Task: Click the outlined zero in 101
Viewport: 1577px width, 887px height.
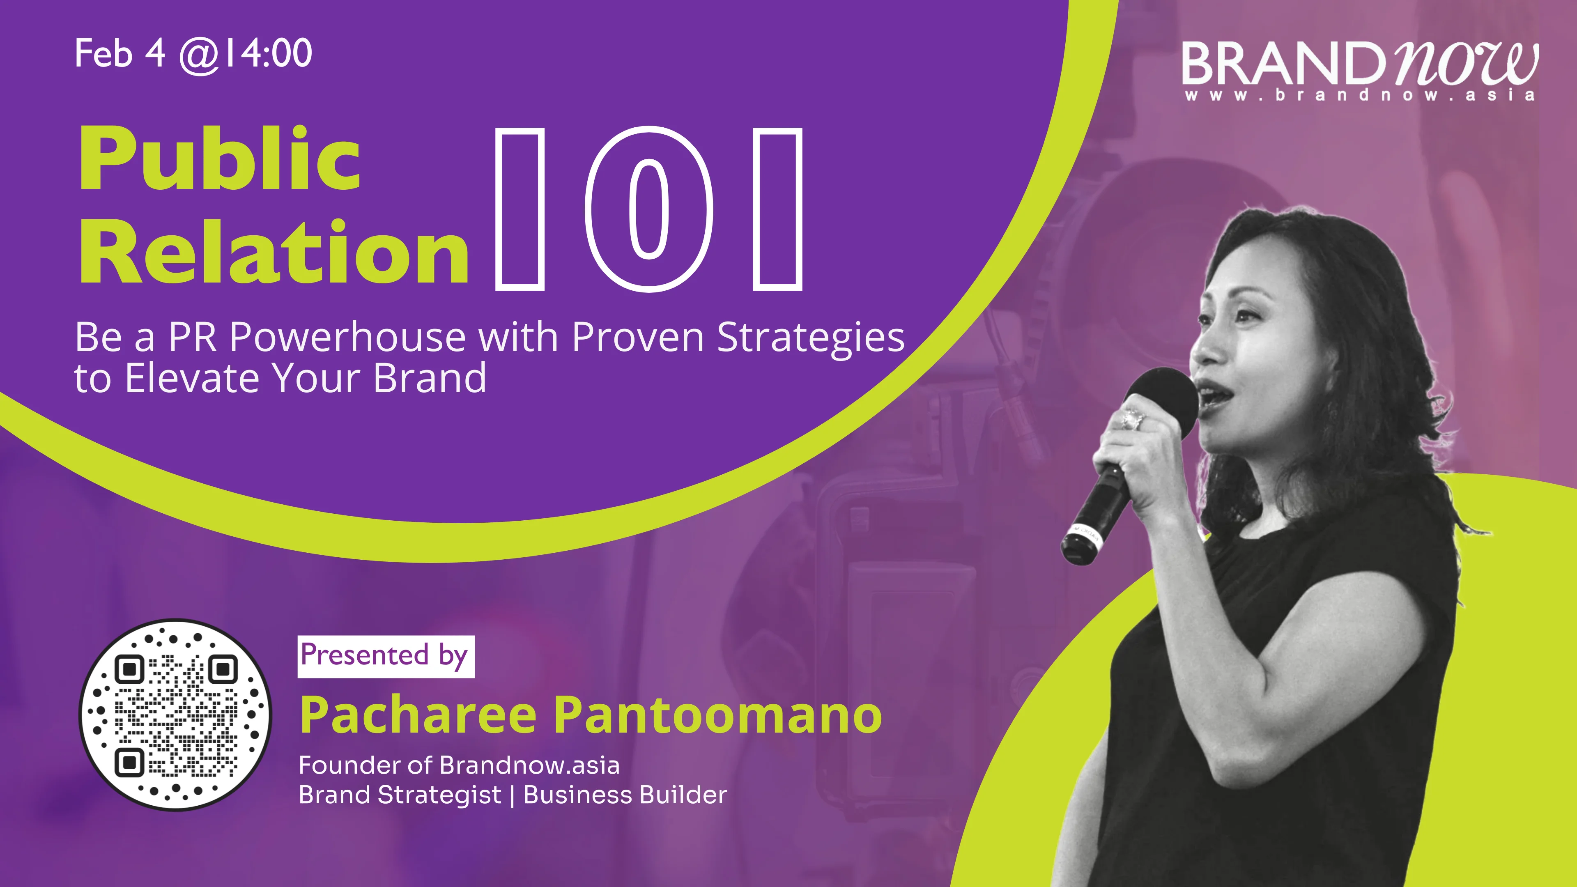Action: click(x=649, y=209)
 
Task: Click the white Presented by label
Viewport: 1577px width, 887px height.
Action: click(x=386, y=656)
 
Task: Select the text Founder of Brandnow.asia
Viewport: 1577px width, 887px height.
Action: click(x=459, y=765)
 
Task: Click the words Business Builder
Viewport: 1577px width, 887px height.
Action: click(x=625, y=795)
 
